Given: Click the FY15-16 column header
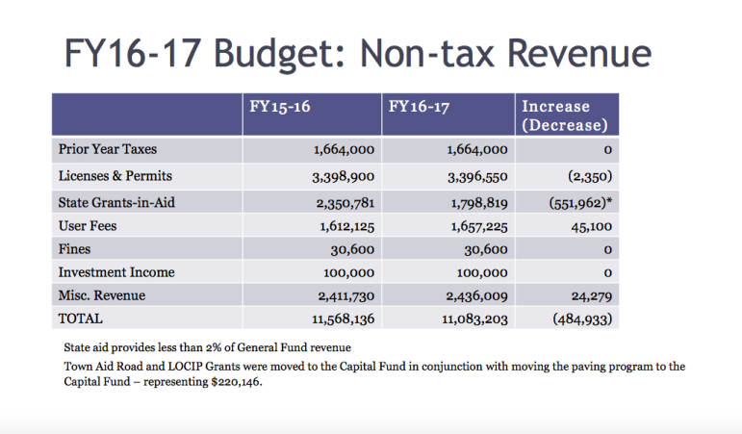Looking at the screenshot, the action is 280,107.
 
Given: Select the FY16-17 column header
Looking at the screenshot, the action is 419,107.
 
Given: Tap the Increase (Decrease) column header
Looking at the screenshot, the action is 565,115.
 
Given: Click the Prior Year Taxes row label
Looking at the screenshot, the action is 108,149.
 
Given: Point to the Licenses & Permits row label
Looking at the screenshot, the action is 115,176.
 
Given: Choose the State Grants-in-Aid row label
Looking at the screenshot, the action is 116,202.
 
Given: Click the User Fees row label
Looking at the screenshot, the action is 88,226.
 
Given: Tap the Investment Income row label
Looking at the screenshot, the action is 116,272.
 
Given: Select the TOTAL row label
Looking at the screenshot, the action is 81,319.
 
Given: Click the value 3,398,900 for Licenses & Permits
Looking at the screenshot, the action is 343,177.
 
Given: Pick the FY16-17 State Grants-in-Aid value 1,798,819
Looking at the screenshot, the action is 479,203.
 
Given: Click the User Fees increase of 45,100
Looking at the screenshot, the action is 592,227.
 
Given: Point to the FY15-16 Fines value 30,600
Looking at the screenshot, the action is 352,250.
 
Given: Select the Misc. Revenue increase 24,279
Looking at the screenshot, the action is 592,296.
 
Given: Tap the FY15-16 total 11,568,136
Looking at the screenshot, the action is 343,319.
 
